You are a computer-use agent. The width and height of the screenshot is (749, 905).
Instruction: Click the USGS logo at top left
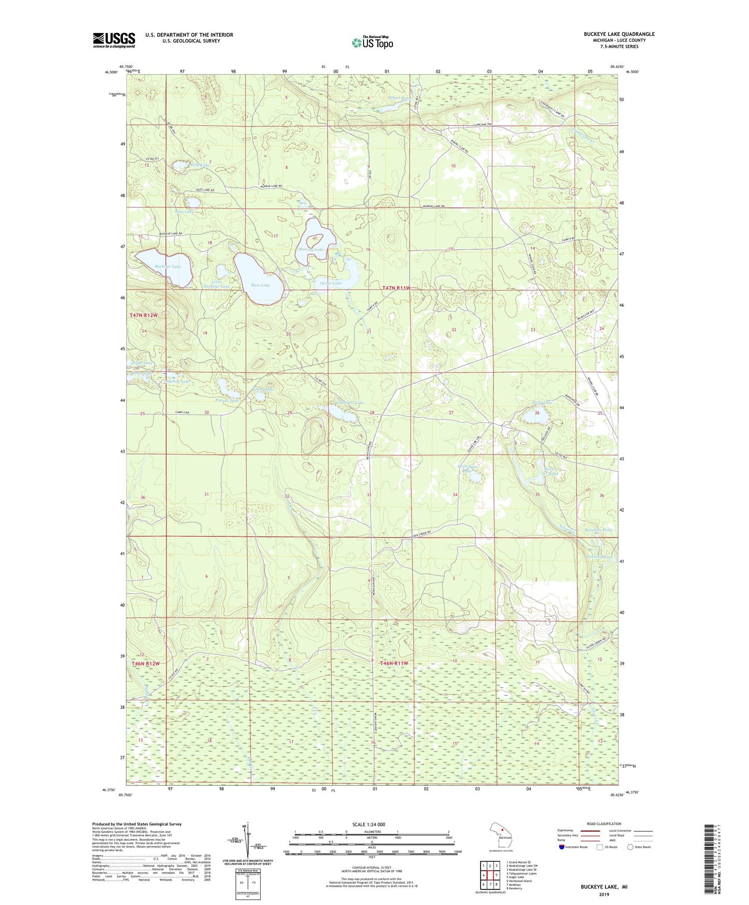(x=114, y=40)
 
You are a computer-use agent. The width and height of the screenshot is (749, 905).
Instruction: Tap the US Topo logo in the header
(x=372, y=43)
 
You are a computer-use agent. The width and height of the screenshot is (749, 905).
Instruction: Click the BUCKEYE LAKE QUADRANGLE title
(x=619, y=34)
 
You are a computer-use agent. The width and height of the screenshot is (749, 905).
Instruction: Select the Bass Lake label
(x=260, y=285)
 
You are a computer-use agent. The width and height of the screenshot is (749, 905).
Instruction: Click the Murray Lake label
(x=311, y=250)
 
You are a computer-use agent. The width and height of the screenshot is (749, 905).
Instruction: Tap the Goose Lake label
(x=331, y=283)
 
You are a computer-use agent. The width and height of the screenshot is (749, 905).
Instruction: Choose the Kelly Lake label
(x=542, y=403)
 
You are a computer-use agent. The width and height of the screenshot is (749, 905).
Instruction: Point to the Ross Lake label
(x=185, y=211)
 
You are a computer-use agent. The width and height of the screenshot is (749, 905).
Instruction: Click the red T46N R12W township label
(x=145, y=663)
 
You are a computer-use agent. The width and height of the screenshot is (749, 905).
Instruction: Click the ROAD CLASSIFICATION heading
(x=604, y=824)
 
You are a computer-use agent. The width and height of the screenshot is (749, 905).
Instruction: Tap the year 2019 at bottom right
(x=604, y=894)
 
